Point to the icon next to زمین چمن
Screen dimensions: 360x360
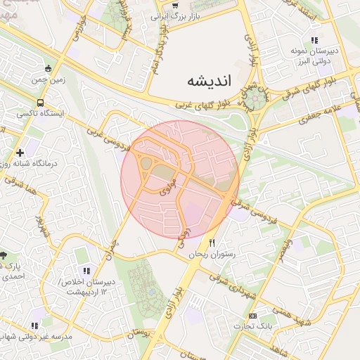48,69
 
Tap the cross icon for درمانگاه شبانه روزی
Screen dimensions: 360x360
20,152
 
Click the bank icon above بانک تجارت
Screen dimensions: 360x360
253,316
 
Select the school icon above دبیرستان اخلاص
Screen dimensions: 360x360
86,270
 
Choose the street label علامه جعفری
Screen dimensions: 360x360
321,113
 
